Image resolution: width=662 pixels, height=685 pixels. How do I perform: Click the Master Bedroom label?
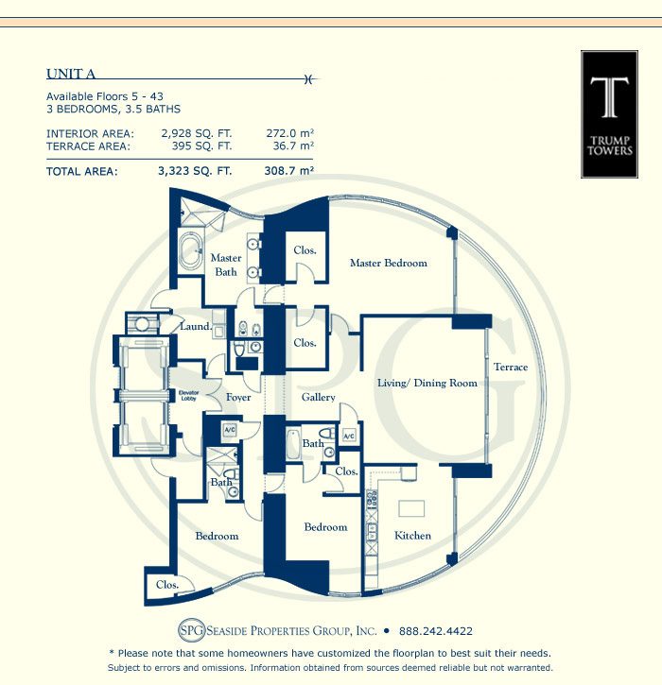[x=389, y=263]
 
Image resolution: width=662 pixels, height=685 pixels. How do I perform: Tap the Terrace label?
[x=511, y=367]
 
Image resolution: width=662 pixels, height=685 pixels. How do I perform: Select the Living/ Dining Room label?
[x=427, y=384]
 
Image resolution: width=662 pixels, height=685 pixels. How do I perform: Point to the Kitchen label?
[x=412, y=536]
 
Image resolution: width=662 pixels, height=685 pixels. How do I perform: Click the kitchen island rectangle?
[x=411, y=508]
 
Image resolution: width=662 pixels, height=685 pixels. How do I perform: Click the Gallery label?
[x=319, y=397]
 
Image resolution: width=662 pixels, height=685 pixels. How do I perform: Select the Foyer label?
[x=238, y=398]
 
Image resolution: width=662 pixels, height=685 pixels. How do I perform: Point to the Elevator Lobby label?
[x=189, y=395]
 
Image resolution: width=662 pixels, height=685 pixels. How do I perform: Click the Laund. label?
[x=196, y=326]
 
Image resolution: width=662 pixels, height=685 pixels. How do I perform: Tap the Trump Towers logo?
[x=610, y=114]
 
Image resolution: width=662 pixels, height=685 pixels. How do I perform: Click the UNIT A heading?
[x=71, y=74]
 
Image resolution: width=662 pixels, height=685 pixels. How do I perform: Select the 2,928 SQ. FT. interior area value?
[x=197, y=133]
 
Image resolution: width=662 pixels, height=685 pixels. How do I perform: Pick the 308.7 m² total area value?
[x=289, y=170]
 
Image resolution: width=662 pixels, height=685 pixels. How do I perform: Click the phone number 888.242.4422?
[x=436, y=631]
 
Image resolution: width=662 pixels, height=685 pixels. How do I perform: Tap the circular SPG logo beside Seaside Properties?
[x=192, y=630]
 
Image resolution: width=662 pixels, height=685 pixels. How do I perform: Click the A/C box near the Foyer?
[x=230, y=430]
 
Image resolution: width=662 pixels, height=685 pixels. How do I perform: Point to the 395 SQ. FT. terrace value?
[x=201, y=146]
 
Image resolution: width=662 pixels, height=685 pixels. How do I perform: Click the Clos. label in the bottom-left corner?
[x=167, y=585]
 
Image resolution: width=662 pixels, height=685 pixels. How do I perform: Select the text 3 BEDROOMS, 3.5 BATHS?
[x=113, y=109]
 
